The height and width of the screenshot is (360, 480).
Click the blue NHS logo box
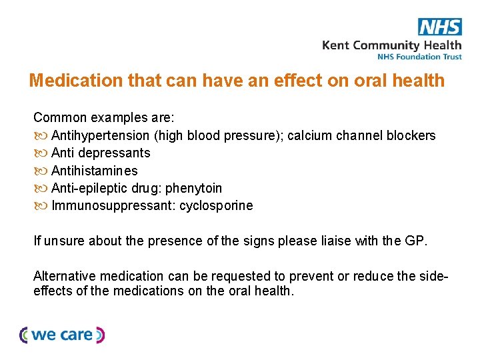[x=439, y=27]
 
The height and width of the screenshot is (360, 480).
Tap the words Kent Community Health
[x=391, y=45]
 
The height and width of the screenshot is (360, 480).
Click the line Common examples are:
[x=104, y=118]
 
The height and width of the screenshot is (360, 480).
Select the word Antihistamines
[x=95, y=171]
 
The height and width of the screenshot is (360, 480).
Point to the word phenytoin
[x=194, y=188]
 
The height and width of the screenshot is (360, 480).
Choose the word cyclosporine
[x=216, y=205]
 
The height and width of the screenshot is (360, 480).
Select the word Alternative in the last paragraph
[x=65, y=276]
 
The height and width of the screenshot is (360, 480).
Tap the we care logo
[x=62, y=335]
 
